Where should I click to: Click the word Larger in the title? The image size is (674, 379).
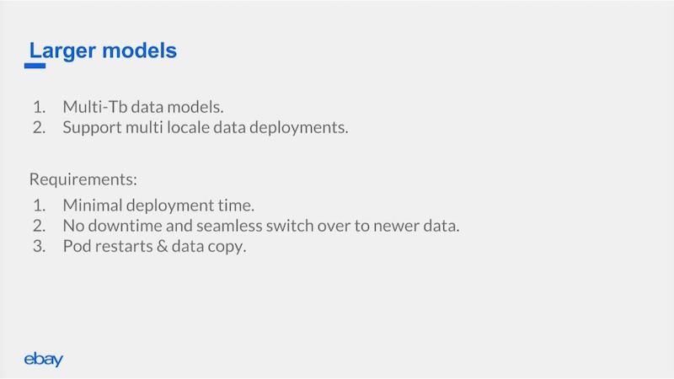click(62, 51)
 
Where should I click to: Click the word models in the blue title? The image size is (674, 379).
click(140, 51)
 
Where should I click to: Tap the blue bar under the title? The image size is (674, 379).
click(35, 66)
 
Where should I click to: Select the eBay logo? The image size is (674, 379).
click(44, 360)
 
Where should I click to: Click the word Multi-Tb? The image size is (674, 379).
click(95, 107)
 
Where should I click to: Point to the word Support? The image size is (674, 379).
click(92, 128)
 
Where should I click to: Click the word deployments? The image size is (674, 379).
click(299, 128)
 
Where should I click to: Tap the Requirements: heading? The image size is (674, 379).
click(83, 179)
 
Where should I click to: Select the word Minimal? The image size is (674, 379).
click(93, 205)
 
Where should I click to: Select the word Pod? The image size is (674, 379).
click(77, 246)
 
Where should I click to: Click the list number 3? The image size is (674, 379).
click(39, 246)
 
